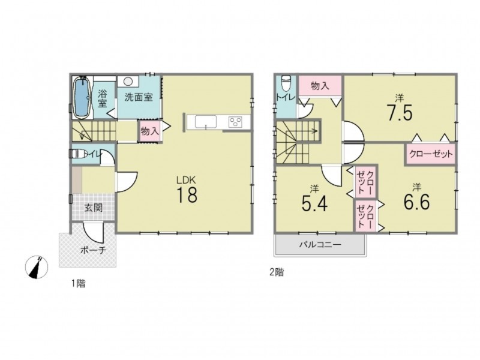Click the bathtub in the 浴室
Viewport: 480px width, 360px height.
click(82, 97)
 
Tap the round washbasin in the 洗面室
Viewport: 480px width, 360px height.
click(128, 82)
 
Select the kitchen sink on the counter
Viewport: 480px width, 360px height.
click(206, 122)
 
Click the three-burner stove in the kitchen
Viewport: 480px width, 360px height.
click(235, 122)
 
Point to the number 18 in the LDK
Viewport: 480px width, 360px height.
click(187, 194)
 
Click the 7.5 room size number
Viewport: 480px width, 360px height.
click(400, 113)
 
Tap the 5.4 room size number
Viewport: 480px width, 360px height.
click(314, 203)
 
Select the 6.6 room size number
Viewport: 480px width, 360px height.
click(416, 202)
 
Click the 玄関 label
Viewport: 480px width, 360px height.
click(94, 208)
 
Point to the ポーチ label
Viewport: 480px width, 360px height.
click(94, 250)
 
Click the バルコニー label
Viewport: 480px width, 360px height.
click(320, 245)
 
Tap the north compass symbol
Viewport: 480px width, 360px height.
click(37, 267)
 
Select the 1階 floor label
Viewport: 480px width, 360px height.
click(79, 284)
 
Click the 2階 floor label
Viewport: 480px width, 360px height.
click(277, 272)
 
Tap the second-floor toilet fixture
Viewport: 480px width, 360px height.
click(286, 83)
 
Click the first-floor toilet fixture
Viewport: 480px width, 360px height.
click(78, 154)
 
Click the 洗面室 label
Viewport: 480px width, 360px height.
click(139, 97)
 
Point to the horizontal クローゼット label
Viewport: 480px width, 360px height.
click(431, 154)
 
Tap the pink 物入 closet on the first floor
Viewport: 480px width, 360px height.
click(149, 131)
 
